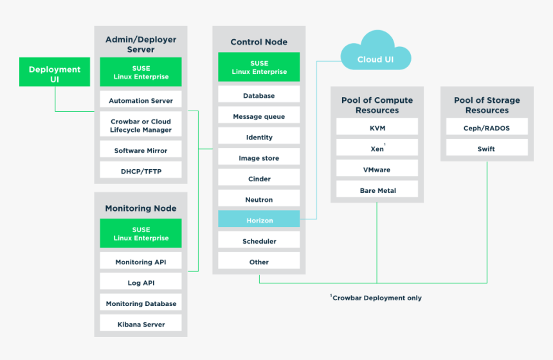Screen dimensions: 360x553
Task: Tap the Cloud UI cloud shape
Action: [376, 58]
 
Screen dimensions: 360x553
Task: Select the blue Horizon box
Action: [259, 220]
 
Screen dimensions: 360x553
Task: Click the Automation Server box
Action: [141, 100]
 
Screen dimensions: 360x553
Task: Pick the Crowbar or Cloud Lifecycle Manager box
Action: [141, 125]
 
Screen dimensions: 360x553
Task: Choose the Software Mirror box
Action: [141, 150]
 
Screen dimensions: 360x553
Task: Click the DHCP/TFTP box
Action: [141, 171]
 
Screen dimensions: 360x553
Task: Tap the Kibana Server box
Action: [141, 324]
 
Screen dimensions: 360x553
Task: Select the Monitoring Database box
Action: [141, 303]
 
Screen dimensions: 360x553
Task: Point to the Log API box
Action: [141, 283]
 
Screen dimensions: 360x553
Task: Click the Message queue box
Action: [259, 116]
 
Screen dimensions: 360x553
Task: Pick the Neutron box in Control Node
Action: [259, 199]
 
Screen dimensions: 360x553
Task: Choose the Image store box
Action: [259, 158]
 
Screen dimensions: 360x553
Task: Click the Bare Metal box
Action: [377, 190]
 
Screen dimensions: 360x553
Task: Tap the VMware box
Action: [377, 170]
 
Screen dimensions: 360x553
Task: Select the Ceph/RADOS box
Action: [487, 128]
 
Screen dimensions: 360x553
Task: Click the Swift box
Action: [487, 148]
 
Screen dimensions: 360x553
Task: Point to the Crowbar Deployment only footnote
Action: [376, 298]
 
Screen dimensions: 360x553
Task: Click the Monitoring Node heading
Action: [141, 208]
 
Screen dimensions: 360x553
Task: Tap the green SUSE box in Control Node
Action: [259, 67]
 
